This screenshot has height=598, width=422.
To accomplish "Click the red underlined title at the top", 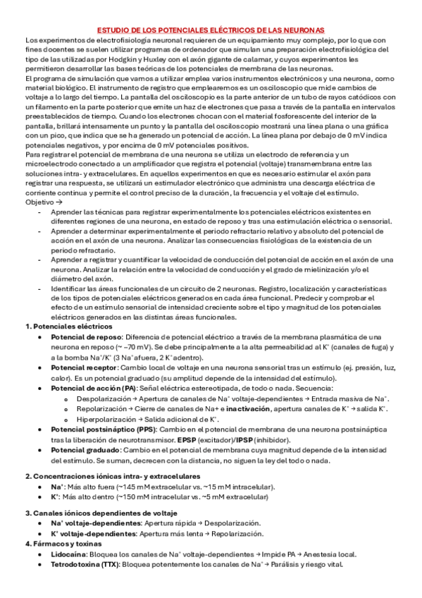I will click(x=210, y=31).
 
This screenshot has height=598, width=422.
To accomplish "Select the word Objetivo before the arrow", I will click(x=39, y=202).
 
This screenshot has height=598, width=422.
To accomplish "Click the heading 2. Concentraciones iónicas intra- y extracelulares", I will click(x=103, y=476).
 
